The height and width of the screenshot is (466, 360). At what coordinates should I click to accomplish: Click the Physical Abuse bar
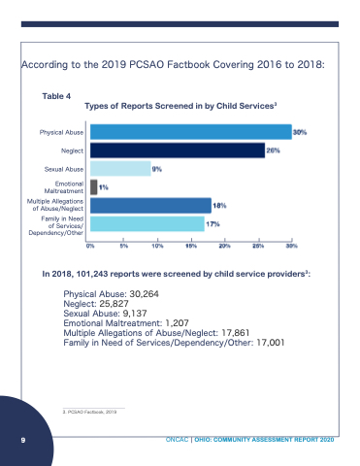coord(191,132)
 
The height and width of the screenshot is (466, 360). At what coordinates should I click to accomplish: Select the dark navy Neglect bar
coord(178,150)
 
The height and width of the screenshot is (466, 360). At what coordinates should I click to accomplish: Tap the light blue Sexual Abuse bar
coord(120,169)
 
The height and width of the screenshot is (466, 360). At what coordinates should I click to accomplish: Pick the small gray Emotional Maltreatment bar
coord(93,187)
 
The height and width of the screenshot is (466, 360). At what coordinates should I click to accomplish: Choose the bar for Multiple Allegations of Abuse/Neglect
coord(150,206)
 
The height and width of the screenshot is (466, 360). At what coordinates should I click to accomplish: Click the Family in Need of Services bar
coord(147,224)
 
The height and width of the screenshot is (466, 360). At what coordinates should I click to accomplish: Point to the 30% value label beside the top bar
coord(300,132)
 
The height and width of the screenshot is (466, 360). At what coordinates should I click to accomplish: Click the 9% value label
coord(157,169)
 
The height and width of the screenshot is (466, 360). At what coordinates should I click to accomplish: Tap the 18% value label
coord(219,206)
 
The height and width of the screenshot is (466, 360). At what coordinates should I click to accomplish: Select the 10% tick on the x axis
coord(157,246)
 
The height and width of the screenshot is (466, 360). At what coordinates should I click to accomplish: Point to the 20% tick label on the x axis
coord(225,246)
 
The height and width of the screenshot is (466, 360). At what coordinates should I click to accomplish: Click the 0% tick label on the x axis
coord(90,246)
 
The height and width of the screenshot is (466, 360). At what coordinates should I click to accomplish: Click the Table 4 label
coord(56,96)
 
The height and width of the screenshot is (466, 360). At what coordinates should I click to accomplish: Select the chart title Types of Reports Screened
coord(180,106)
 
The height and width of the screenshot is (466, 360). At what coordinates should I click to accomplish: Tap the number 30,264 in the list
coord(144,294)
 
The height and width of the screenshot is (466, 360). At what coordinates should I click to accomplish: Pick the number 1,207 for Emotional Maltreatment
coord(177,323)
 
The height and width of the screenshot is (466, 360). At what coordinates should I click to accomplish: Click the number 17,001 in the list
coord(271,343)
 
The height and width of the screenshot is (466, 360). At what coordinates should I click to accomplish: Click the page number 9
coord(23,440)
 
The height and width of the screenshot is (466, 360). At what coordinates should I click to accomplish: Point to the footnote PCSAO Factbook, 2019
coord(89,412)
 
